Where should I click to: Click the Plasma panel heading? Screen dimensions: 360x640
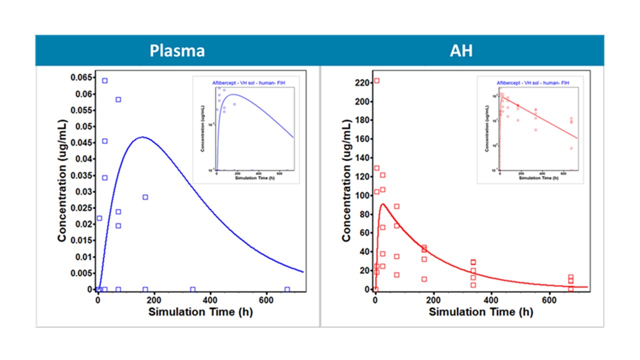[x=178, y=51]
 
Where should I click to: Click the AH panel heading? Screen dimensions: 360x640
[x=461, y=51]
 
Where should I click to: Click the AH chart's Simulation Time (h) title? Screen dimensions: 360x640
[x=480, y=312]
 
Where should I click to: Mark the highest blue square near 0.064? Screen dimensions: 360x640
[x=104, y=80]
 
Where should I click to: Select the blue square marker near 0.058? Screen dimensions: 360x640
[x=118, y=99]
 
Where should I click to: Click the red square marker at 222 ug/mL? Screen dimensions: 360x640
[x=376, y=81]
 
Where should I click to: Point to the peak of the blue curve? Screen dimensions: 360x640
[x=143, y=136]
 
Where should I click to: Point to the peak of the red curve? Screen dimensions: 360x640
[x=383, y=204]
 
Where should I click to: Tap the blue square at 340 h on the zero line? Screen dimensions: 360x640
[x=192, y=289]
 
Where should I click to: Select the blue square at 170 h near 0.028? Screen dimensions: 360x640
[x=145, y=197]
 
